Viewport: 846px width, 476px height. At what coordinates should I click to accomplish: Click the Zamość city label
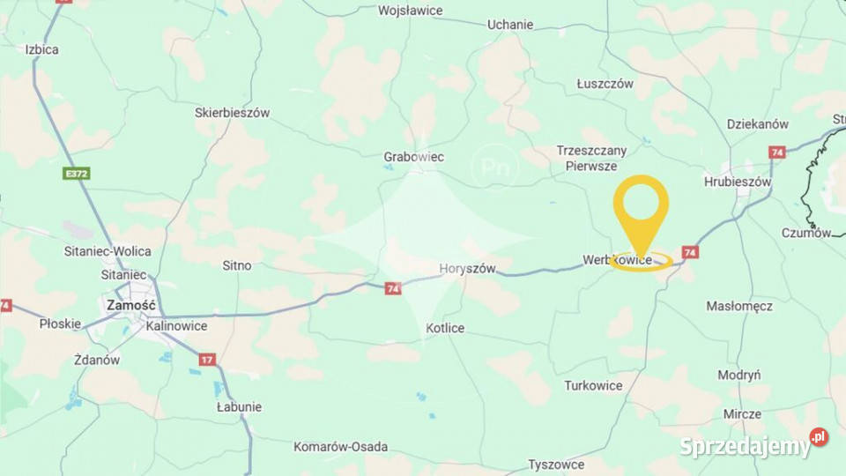130,305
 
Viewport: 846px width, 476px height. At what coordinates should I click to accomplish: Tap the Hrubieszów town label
738,182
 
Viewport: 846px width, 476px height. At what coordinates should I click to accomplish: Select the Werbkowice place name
617,260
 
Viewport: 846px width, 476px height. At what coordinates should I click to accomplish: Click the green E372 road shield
77,174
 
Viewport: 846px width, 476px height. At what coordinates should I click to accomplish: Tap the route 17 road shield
207,359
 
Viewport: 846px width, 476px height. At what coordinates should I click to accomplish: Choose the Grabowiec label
414,157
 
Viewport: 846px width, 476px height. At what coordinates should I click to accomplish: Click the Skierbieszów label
232,113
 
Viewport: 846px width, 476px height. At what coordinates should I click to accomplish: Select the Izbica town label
42,49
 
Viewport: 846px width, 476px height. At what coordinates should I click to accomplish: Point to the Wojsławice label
411,11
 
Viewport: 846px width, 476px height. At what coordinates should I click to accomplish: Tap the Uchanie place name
510,25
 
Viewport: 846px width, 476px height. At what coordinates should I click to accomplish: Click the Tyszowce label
556,464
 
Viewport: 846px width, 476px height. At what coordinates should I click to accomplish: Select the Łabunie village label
239,407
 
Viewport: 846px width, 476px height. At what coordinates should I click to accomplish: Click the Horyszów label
467,268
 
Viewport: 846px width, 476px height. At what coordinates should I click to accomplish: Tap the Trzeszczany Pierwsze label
591,158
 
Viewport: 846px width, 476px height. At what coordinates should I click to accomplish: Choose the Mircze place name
742,413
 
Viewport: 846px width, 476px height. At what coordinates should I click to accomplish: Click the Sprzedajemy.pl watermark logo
753,445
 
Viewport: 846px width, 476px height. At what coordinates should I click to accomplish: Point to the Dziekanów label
758,124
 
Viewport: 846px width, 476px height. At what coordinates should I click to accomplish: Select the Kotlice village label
445,328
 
